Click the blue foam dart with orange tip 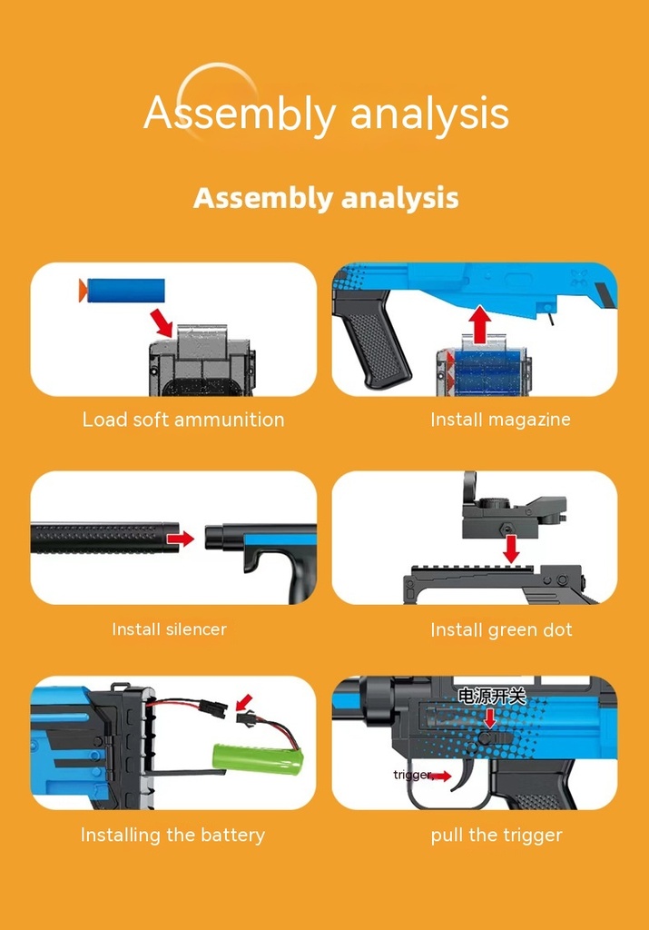click(x=122, y=291)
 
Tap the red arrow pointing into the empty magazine click(x=161, y=322)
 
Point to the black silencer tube click(x=105, y=538)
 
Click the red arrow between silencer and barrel click(x=181, y=539)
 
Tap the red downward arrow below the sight click(x=511, y=549)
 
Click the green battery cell click(x=259, y=759)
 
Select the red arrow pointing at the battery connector click(x=243, y=702)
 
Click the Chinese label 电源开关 click(x=491, y=696)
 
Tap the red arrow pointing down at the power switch click(x=489, y=717)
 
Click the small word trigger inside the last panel click(x=412, y=775)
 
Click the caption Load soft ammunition click(x=183, y=420)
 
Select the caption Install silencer click(x=170, y=628)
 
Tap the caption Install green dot click(x=501, y=630)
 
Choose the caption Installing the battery click(x=173, y=836)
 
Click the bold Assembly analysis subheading click(x=326, y=198)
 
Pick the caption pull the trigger click(x=497, y=836)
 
